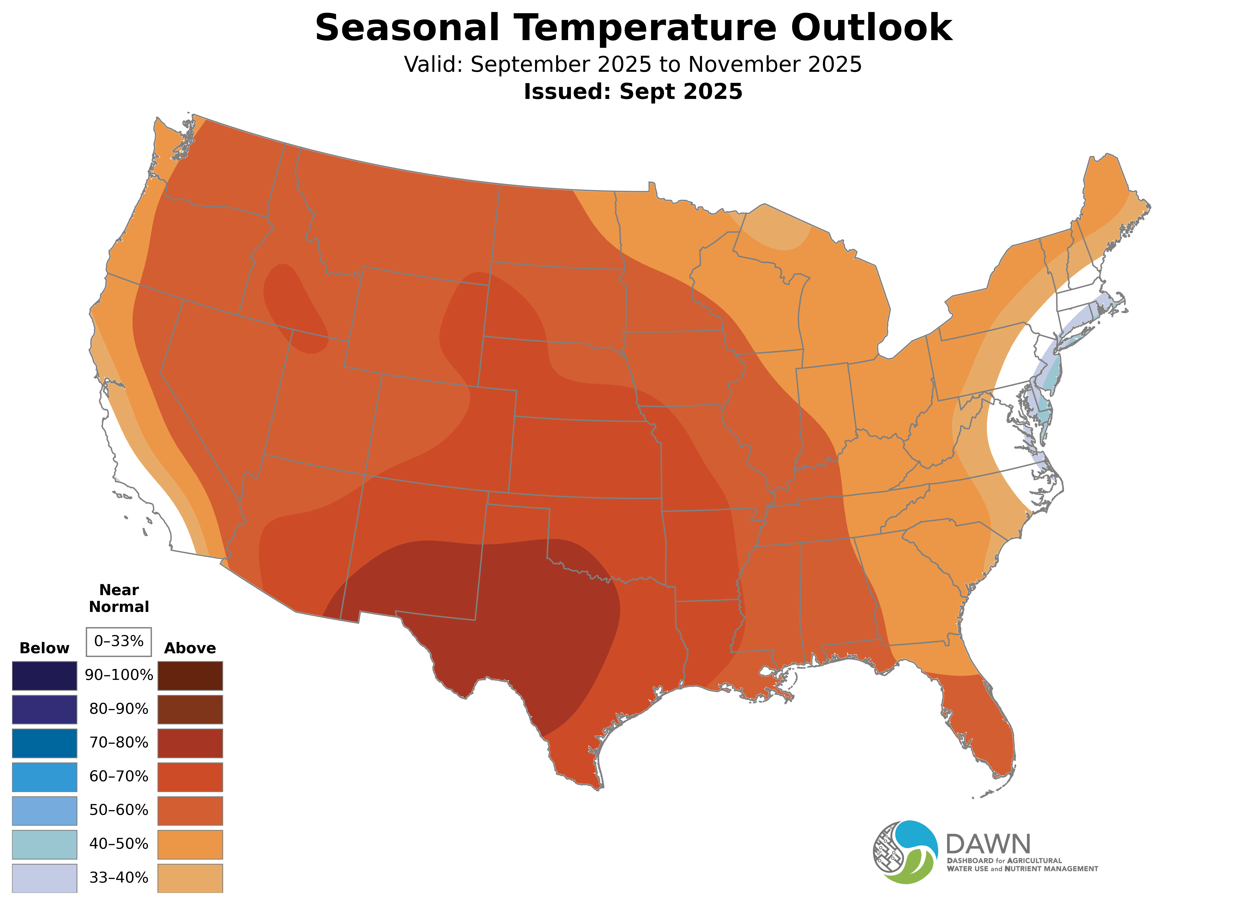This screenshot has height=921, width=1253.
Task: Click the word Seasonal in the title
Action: click(x=407, y=28)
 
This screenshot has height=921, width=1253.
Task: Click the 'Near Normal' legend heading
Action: click(x=119, y=598)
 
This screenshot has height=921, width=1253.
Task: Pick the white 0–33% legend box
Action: click(x=119, y=642)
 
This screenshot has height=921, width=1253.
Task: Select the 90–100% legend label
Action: click(x=119, y=675)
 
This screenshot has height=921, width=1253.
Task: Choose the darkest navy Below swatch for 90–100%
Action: click(x=45, y=676)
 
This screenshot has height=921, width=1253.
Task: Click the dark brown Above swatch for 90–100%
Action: click(x=190, y=676)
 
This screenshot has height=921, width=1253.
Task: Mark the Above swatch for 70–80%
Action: click(x=190, y=743)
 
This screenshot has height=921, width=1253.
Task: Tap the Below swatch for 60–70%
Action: click(x=45, y=777)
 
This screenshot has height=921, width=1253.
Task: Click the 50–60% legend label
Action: click(x=119, y=810)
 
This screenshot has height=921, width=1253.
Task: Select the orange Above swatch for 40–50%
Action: click(x=190, y=844)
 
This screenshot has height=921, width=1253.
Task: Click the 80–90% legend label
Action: click(x=119, y=709)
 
